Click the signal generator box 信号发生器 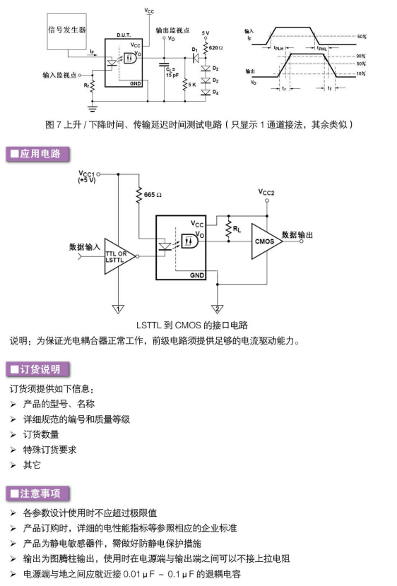coord(66,31)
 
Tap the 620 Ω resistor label coord(216,48)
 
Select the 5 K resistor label coord(192,85)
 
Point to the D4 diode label coord(215,92)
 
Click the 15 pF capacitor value coord(172,75)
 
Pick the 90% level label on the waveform coord(361,56)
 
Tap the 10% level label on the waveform coord(361,73)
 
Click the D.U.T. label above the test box coord(124,35)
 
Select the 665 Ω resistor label coord(153,195)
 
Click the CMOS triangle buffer coord(265,241)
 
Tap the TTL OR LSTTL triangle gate coord(118,256)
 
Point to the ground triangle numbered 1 coord(118,309)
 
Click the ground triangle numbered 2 coord(217,309)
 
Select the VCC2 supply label coord(266,193)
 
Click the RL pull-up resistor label coord(237,229)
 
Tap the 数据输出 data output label coord(297,234)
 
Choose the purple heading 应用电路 coord(37,154)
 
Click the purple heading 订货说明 coord(37,369)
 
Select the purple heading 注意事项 coord(37,494)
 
